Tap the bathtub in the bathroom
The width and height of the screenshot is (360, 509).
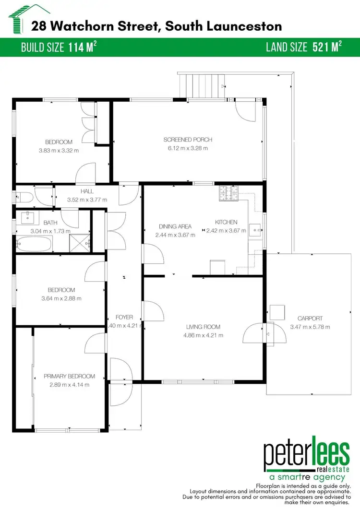coord(32,245)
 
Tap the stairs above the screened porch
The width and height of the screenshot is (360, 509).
coord(201,85)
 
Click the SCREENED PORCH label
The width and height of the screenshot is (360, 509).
coord(188,140)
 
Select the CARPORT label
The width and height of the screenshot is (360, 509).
coord(310,318)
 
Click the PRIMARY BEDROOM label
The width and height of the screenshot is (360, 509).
coord(69,376)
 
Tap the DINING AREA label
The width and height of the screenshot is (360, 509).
coord(175,226)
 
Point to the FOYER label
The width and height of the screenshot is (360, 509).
coord(124,317)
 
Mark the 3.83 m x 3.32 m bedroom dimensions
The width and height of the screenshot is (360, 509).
coord(59,150)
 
